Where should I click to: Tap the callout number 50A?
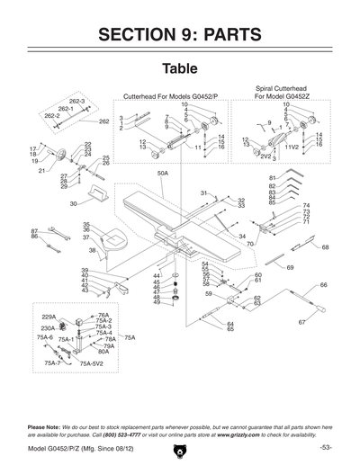tap(163, 173)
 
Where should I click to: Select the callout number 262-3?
tap(76, 102)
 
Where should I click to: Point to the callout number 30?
tap(73, 204)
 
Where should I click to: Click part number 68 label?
tap(325, 246)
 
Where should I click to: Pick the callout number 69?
tap(290, 267)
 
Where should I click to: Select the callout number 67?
tap(302, 321)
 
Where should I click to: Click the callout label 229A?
tap(50, 317)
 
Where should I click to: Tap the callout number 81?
tap(272, 178)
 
